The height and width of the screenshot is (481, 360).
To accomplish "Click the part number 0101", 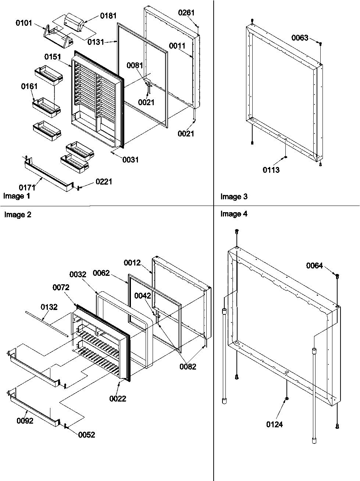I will (24, 23).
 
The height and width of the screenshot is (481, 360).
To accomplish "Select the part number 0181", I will (108, 16).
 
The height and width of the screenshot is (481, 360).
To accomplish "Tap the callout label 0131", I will (96, 42).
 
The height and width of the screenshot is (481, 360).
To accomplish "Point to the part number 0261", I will (186, 13).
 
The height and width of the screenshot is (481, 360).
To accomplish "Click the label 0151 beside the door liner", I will (53, 57).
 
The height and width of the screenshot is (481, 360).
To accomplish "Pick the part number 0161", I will (29, 86).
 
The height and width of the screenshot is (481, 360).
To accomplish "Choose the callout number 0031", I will (131, 160).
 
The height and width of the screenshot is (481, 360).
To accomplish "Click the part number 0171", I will (28, 188).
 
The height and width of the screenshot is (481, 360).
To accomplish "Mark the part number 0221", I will (104, 182).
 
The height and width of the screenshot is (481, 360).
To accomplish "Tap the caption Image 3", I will (234, 197).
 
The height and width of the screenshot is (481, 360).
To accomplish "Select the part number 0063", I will (300, 38).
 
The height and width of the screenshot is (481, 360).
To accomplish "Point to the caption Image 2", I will (18, 215).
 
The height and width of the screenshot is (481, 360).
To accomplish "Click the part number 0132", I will (49, 307).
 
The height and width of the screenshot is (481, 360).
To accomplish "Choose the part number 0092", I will (25, 421).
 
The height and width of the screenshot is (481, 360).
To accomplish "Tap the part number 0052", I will (86, 435).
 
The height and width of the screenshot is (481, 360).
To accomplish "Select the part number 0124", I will (275, 425).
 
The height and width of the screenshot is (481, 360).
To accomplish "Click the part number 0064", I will (314, 266).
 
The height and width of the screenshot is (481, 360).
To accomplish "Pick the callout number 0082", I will (188, 366).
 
